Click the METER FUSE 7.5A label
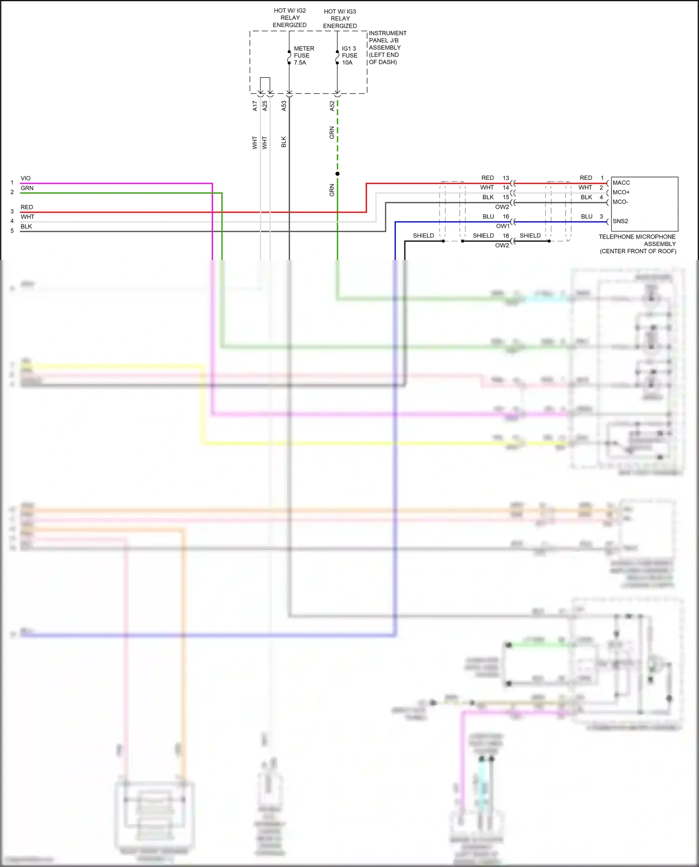pyautogui.click(x=303, y=55)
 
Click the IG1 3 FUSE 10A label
pyautogui.click(x=349, y=55)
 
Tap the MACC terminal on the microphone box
pyautogui.click(x=621, y=183)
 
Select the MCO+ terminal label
pyautogui.click(x=621, y=192)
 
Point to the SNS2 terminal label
pyautogui.click(x=620, y=221)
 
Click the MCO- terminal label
pyautogui.click(x=620, y=202)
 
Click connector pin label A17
pyautogui.click(x=255, y=106)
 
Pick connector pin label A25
pyautogui.click(x=265, y=106)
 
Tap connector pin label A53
pyautogui.click(x=284, y=106)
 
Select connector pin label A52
pyautogui.click(x=332, y=106)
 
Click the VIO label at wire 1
pyautogui.click(x=26, y=178)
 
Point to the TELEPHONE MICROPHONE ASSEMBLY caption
pyautogui.click(x=637, y=244)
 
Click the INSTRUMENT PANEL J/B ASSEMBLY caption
pyautogui.click(x=387, y=48)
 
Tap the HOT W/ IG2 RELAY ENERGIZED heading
pyautogui.click(x=290, y=18)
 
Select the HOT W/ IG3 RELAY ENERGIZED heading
pyautogui.click(x=340, y=19)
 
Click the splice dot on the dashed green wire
pyautogui.click(x=337, y=174)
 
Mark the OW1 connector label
pyautogui.click(x=502, y=226)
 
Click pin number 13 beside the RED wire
pyautogui.click(x=506, y=178)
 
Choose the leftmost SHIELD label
pyautogui.click(x=423, y=236)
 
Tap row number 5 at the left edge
pyautogui.click(x=12, y=231)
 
